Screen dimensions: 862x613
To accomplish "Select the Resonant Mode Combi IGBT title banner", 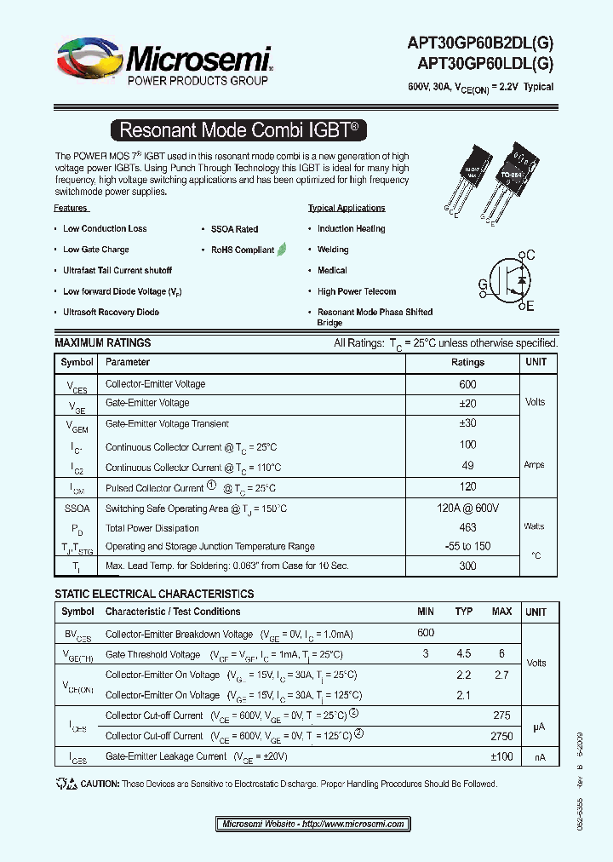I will click(x=240, y=130).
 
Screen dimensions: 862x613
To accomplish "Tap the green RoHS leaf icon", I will click(x=282, y=250).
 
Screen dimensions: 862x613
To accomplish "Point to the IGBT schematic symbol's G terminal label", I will click(x=483, y=284).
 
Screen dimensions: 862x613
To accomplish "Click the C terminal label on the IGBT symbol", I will click(x=530, y=256).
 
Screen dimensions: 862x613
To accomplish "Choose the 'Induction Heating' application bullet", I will click(x=351, y=229).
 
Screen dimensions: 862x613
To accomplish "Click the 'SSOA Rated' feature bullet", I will click(x=234, y=229).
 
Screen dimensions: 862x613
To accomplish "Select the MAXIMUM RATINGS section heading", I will click(x=103, y=342).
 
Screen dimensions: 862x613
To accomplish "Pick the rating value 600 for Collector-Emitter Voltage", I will click(x=467, y=384).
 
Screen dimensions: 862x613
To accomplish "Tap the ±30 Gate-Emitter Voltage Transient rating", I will click(x=467, y=423).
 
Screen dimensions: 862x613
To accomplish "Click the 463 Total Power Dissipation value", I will click(x=467, y=528).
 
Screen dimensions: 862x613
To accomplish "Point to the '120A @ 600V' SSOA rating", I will click(x=467, y=509).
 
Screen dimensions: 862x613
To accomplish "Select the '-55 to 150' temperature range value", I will click(x=467, y=547).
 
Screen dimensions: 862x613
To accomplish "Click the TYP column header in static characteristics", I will click(x=464, y=612).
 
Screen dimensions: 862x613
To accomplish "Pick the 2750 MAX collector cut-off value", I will click(x=502, y=735).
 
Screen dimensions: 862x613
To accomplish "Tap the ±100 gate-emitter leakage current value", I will click(x=501, y=756).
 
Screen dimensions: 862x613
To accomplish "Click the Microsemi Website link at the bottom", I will click(x=312, y=824).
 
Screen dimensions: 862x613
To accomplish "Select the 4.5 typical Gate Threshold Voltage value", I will click(x=464, y=654).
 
